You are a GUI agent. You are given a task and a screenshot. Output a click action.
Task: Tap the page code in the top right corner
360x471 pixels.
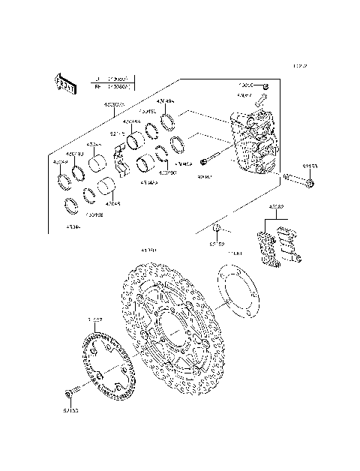point(300,67)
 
